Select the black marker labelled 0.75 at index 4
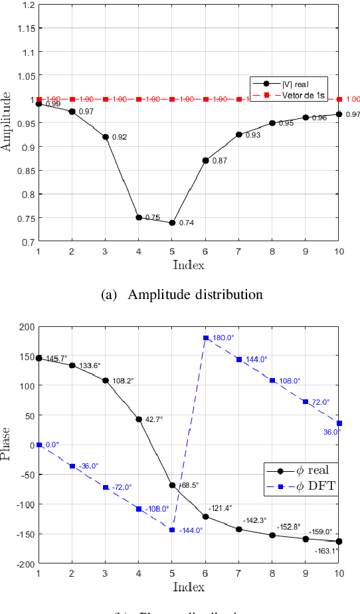[139, 217]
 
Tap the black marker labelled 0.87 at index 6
[205, 160]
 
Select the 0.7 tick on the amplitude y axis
[28, 242]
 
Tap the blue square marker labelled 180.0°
[205, 338]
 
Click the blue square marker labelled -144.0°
[172, 530]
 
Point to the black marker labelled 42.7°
[139, 419]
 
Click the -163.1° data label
[326, 551]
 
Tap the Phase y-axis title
[7, 444]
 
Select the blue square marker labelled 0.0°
[39, 445]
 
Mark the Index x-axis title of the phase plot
[189, 586]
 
